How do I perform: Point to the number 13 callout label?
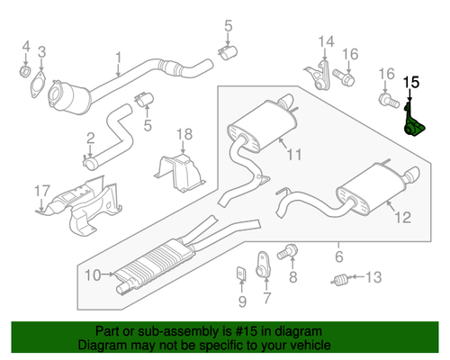pyautogui.click(x=374, y=276)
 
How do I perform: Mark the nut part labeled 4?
pyautogui.click(x=25, y=68)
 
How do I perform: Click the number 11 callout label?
pyautogui.click(x=294, y=156)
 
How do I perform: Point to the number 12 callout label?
pyautogui.click(x=401, y=216)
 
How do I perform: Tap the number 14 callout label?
pyautogui.click(x=325, y=40)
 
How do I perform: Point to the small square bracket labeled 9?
pyautogui.click(x=241, y=273)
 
